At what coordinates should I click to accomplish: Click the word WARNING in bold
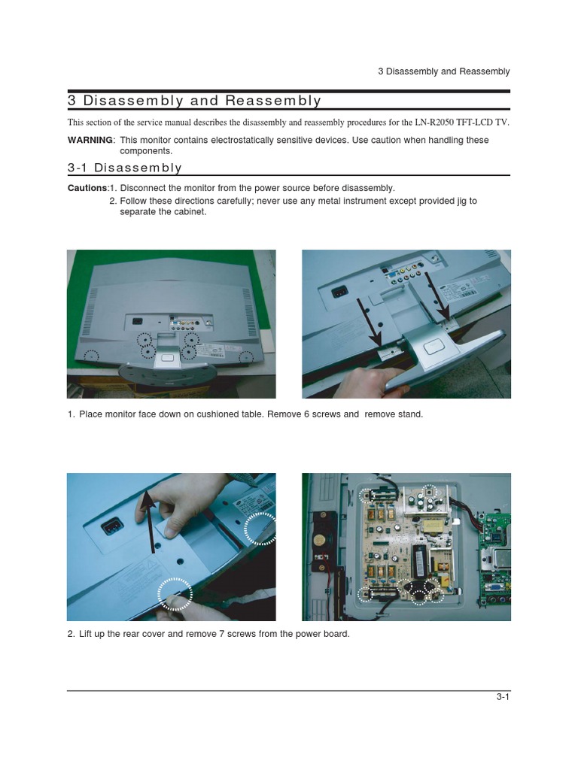[90, 141]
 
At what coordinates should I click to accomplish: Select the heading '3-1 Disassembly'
[125, 168]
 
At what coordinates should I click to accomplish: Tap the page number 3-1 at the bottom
[503, 697]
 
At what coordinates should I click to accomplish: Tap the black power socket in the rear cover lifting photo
[110, 525]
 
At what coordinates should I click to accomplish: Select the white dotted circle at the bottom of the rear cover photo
[175, 593]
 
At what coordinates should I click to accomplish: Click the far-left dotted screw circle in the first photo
[91, 356]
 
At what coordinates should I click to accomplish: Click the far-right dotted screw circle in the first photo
[246, 356]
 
